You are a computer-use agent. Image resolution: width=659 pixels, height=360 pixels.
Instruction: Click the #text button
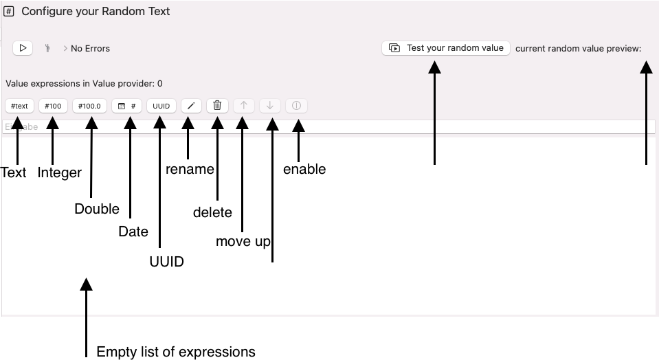click(x=19, y=106)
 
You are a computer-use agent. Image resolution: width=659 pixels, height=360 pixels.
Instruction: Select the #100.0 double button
click(x=89, y=106)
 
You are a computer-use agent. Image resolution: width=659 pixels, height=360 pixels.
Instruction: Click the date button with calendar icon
click(x=126, y=106)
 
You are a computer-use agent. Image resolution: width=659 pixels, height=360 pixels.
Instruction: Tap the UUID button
click(x=161, y=106)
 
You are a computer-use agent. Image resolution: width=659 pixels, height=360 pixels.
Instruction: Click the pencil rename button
click(x=192, y=106)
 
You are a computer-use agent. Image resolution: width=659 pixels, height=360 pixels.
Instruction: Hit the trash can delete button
click(x=217, y=106)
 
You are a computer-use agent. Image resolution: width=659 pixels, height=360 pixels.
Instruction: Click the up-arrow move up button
click(x=244, y=106)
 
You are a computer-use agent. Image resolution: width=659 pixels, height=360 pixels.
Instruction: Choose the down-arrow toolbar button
click(x=270, y=106)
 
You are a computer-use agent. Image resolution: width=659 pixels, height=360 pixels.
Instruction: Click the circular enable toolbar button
click(x=296, y=106)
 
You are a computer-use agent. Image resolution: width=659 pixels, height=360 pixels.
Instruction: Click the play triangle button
click(x=23, y=48)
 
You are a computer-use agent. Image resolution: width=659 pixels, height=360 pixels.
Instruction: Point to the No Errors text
click(x=90, y=49)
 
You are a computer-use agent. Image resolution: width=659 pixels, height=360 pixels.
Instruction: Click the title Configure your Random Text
click(x=96, y=12)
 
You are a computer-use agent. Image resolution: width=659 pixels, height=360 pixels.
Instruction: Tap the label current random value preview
click(x=578, y=49)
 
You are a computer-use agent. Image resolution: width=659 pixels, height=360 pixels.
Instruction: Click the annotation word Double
click(x=97, y=209)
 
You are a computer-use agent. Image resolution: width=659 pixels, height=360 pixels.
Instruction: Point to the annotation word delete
click(x=212, y=212)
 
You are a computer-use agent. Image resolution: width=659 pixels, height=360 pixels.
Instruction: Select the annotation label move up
click(x=243, y=241)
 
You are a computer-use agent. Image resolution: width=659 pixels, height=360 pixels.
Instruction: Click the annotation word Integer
click(x=60, y=172)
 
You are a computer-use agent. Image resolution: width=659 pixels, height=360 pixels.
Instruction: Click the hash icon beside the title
click(x=10, y=12)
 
